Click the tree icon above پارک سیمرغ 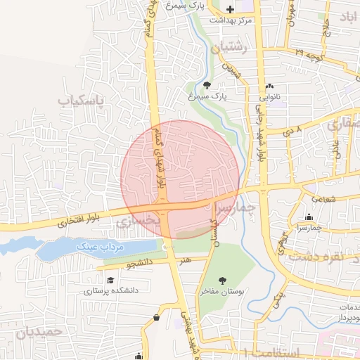point(205,85)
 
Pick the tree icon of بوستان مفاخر point(222,280)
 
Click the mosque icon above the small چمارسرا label point(309,217)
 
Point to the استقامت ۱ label point(269,352)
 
